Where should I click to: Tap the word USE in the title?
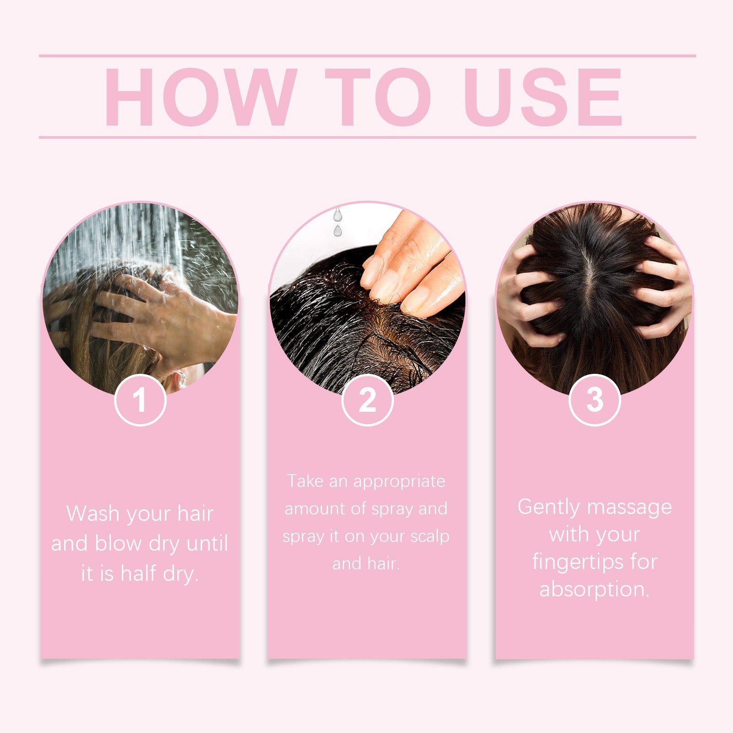point(542,97)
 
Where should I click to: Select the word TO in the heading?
point(378,97)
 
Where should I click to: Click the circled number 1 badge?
point(140,400)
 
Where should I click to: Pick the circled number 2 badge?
point(367,400)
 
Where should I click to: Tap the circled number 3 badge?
point(595,400)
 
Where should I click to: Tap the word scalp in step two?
point(430,536)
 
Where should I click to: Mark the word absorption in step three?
point(594,589)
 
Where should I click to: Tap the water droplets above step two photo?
point(338,222)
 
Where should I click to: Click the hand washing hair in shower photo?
point(156,312)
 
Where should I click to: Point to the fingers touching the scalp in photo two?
point(408,275)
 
